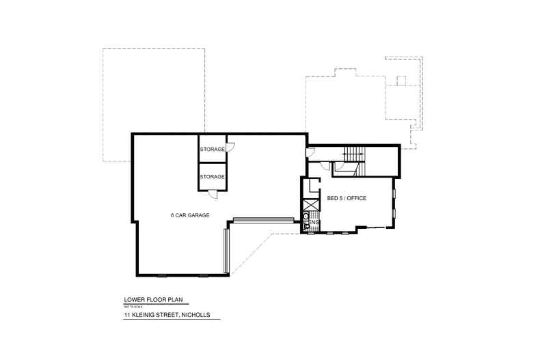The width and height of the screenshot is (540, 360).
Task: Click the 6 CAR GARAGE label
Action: click(x=189, y=215)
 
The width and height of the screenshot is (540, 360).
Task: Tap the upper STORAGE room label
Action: click(x=212, y=149)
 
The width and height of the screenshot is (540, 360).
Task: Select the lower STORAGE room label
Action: click(x=212, y=177)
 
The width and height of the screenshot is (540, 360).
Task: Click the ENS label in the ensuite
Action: click(x=314, y=222)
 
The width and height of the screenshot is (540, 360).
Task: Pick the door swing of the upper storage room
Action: click(x=230, y=146)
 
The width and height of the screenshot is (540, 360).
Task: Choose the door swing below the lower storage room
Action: click(x=213, y=193)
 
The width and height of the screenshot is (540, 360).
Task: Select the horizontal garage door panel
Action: click(x=262, y=220)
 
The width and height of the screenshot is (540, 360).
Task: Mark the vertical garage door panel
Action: click(x=226, y=251)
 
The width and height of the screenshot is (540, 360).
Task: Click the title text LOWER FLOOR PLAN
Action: click(x=154, y=299)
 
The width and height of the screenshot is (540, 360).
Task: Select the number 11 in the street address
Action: click(x=127, y=314)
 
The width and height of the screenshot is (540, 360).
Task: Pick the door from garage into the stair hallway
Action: click(x=310, y=153)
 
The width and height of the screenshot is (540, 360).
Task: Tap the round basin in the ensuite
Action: click(x=306, y=216)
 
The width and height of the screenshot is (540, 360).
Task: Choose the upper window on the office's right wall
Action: click(x=394, y=193)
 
